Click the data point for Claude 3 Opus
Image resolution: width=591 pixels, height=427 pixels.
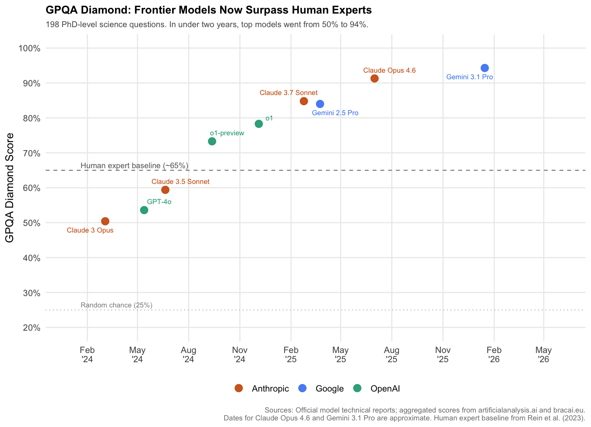(105, 221)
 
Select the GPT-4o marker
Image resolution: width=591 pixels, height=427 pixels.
(144, 210)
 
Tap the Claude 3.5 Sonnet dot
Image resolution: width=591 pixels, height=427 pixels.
(165, 190)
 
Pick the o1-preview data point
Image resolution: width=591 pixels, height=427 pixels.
(212, 141)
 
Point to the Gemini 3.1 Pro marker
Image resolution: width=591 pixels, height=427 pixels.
(485, 68)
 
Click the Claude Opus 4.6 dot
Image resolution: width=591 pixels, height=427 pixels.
(374, 78)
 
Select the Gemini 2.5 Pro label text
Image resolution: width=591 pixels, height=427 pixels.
(335, 113)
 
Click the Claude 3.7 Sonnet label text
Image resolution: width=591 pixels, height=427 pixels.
(288, 93)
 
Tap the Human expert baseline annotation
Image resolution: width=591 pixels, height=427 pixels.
(134, 166)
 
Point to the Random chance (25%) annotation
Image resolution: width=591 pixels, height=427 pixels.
(116, 305)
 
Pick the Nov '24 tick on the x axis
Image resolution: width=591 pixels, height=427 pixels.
(239, 355)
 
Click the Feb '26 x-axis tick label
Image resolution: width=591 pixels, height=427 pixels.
(494, 355)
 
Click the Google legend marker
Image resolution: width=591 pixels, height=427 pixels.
(302, 388)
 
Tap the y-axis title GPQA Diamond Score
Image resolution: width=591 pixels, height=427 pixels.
(10, 187)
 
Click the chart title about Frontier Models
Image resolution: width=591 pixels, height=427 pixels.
(208, 10)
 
